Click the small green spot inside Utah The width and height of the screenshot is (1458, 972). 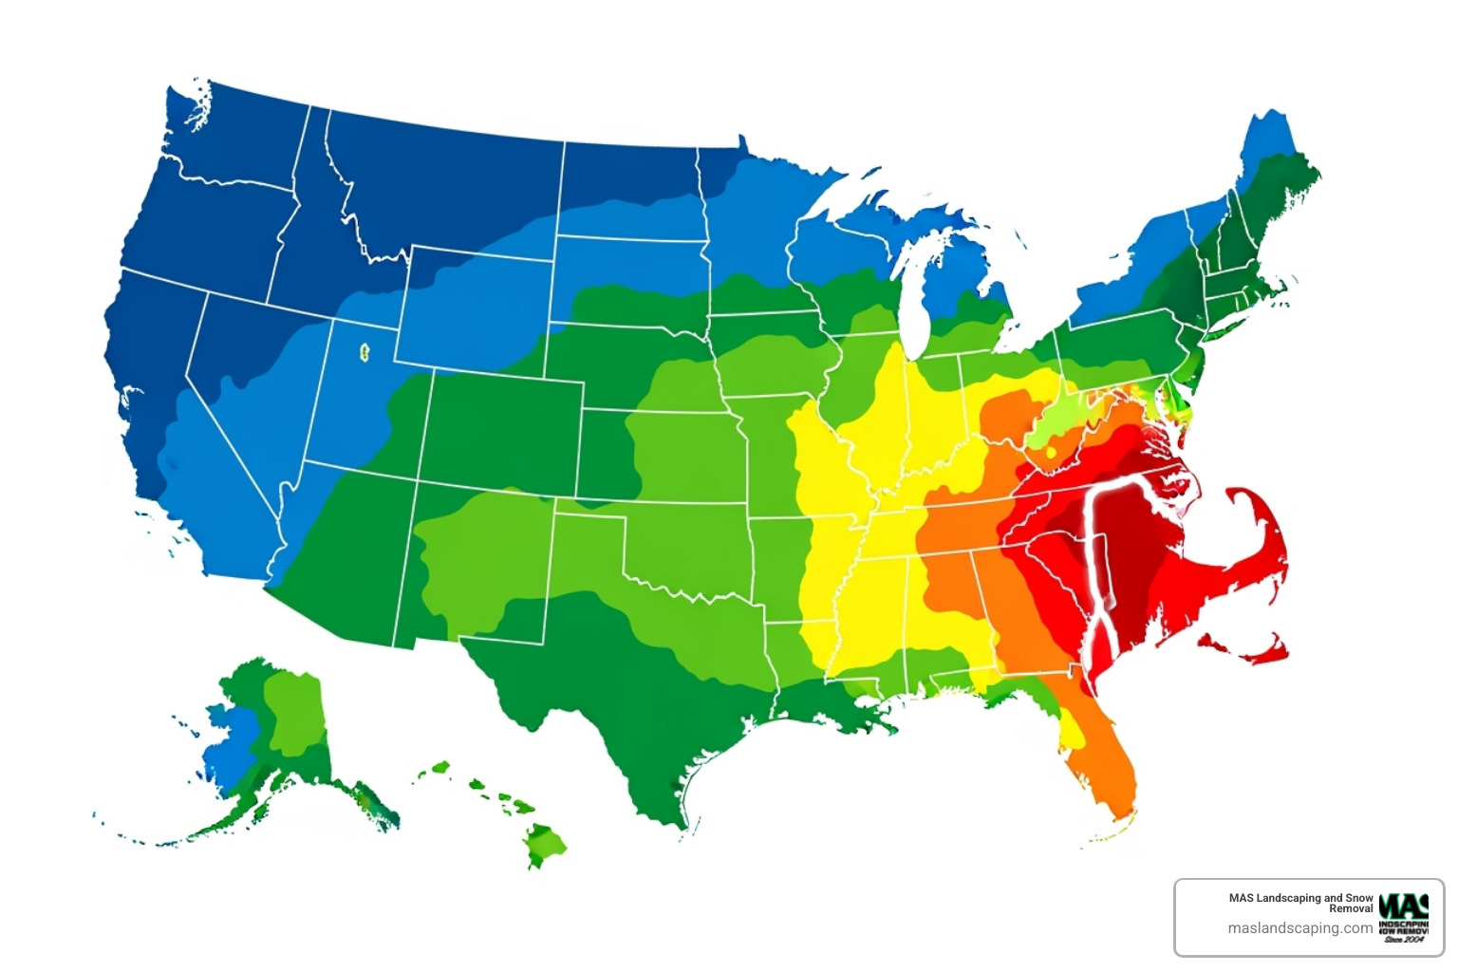tap(364, 353)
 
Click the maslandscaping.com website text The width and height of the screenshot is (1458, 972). tap(1299, 928)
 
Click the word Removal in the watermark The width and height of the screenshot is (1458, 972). tap(1351, 909)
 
